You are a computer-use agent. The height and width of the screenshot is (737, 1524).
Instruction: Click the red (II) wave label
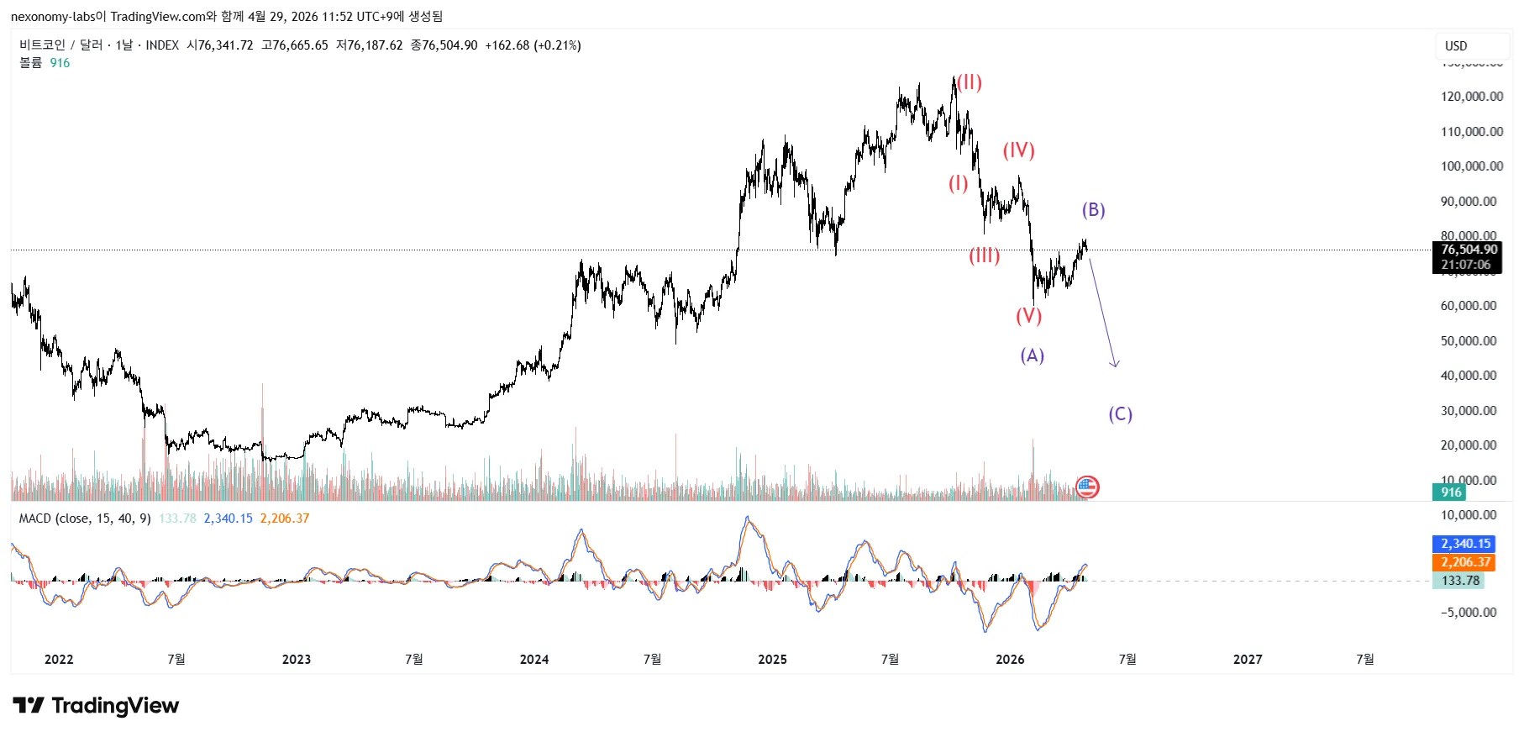pos(970,82)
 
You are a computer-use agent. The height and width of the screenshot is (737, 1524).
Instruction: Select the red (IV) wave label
pos(1018,150)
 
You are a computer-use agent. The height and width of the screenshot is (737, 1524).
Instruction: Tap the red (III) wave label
pos(984,255)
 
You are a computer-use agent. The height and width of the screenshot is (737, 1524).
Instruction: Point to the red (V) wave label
pos(1028,316)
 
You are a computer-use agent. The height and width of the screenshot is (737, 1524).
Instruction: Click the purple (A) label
pos(1032,355)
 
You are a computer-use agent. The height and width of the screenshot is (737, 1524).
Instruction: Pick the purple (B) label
pos(1093,210)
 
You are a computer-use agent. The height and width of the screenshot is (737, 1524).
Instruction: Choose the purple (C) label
pos(1120,414)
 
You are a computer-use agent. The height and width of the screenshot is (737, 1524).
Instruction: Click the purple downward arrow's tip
pos(1116,366)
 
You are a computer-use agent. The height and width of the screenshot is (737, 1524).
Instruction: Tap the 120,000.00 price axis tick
pos(1471,97)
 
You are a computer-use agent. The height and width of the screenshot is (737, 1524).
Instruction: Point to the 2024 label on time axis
pos(534,660)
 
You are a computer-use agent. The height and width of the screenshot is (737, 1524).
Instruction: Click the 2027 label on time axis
pos(1248,660)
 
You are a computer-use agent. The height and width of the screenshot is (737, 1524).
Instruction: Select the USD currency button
pos(1456,46)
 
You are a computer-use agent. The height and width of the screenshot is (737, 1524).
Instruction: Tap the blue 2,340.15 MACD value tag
pos(1465,544)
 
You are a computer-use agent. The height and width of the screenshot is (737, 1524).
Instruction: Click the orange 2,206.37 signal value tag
pos(1465,562)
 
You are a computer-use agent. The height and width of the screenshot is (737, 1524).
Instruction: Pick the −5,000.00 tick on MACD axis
pos(1468,613)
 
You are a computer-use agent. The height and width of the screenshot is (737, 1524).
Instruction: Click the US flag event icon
pos(1087,487)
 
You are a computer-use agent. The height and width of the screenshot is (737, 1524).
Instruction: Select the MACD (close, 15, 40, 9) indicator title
pos(85,519)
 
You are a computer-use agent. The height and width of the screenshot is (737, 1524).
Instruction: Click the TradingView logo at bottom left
pos(96,705)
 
